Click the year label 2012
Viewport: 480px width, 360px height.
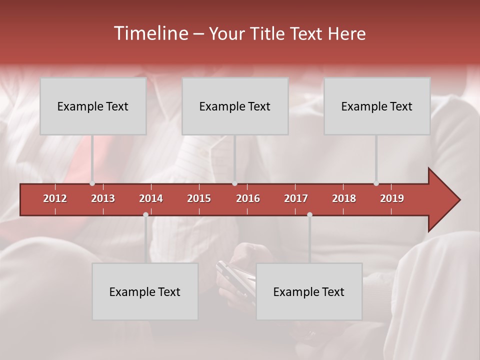[x=55, y=198]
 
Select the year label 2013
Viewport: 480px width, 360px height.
[x=103, y=198]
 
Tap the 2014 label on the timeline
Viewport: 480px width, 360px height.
[x=151, y=198]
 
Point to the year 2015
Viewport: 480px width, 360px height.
[x=199, y=198]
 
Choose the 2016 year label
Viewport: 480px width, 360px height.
[x=248, y=198]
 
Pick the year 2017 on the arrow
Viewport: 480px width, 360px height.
[x=296, y=198]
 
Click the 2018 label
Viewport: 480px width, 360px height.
[x=344, y=198]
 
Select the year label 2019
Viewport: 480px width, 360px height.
[x=392, y=198]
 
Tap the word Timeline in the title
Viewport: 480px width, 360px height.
[x=150, y=33]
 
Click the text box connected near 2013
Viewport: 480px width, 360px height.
[x=93, y=106]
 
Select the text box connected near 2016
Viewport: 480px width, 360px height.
[x=235, y=106]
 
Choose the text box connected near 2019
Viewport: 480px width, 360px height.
[x=377, y=106]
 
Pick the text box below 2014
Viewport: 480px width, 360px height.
[x=145, y=291]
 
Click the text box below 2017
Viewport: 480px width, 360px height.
[x=309, y=291]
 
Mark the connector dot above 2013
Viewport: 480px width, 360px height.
[x=92, y=183]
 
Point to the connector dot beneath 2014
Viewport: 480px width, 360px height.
[x=145, y=214]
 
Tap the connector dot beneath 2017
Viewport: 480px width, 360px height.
[x=309, y=214]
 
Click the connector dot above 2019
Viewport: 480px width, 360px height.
[x=376, y=183]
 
